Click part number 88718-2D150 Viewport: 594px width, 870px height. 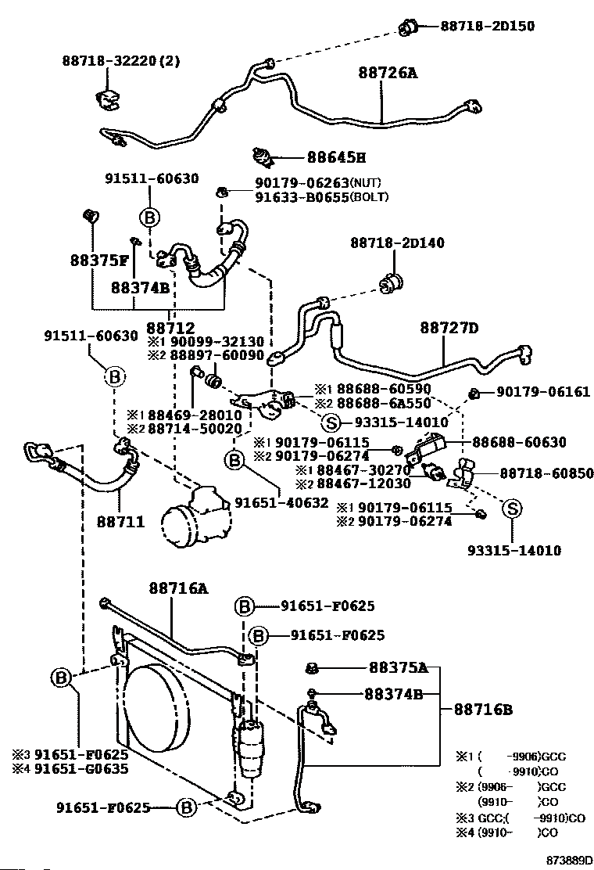coord(488,26)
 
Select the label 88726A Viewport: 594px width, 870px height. coord(388,72)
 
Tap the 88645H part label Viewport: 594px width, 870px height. coord(336,157)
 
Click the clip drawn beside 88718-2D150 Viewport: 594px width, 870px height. coord(408,26)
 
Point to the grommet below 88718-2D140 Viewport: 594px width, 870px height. coord(392,283)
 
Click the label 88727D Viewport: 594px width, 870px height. coord(449,328)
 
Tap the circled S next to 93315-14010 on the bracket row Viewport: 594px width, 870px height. coord(331,423)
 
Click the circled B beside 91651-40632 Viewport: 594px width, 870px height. coord(234,459)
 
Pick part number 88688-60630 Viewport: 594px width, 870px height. coord(519,442)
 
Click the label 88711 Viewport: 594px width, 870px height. coord(120,522)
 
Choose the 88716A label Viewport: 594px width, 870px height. coord(178,588)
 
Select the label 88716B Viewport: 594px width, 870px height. coord(483,709)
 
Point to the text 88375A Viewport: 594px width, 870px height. coord(399,667)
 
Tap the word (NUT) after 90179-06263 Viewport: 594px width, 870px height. coord(366,182)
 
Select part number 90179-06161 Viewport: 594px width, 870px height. coord(543,392)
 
